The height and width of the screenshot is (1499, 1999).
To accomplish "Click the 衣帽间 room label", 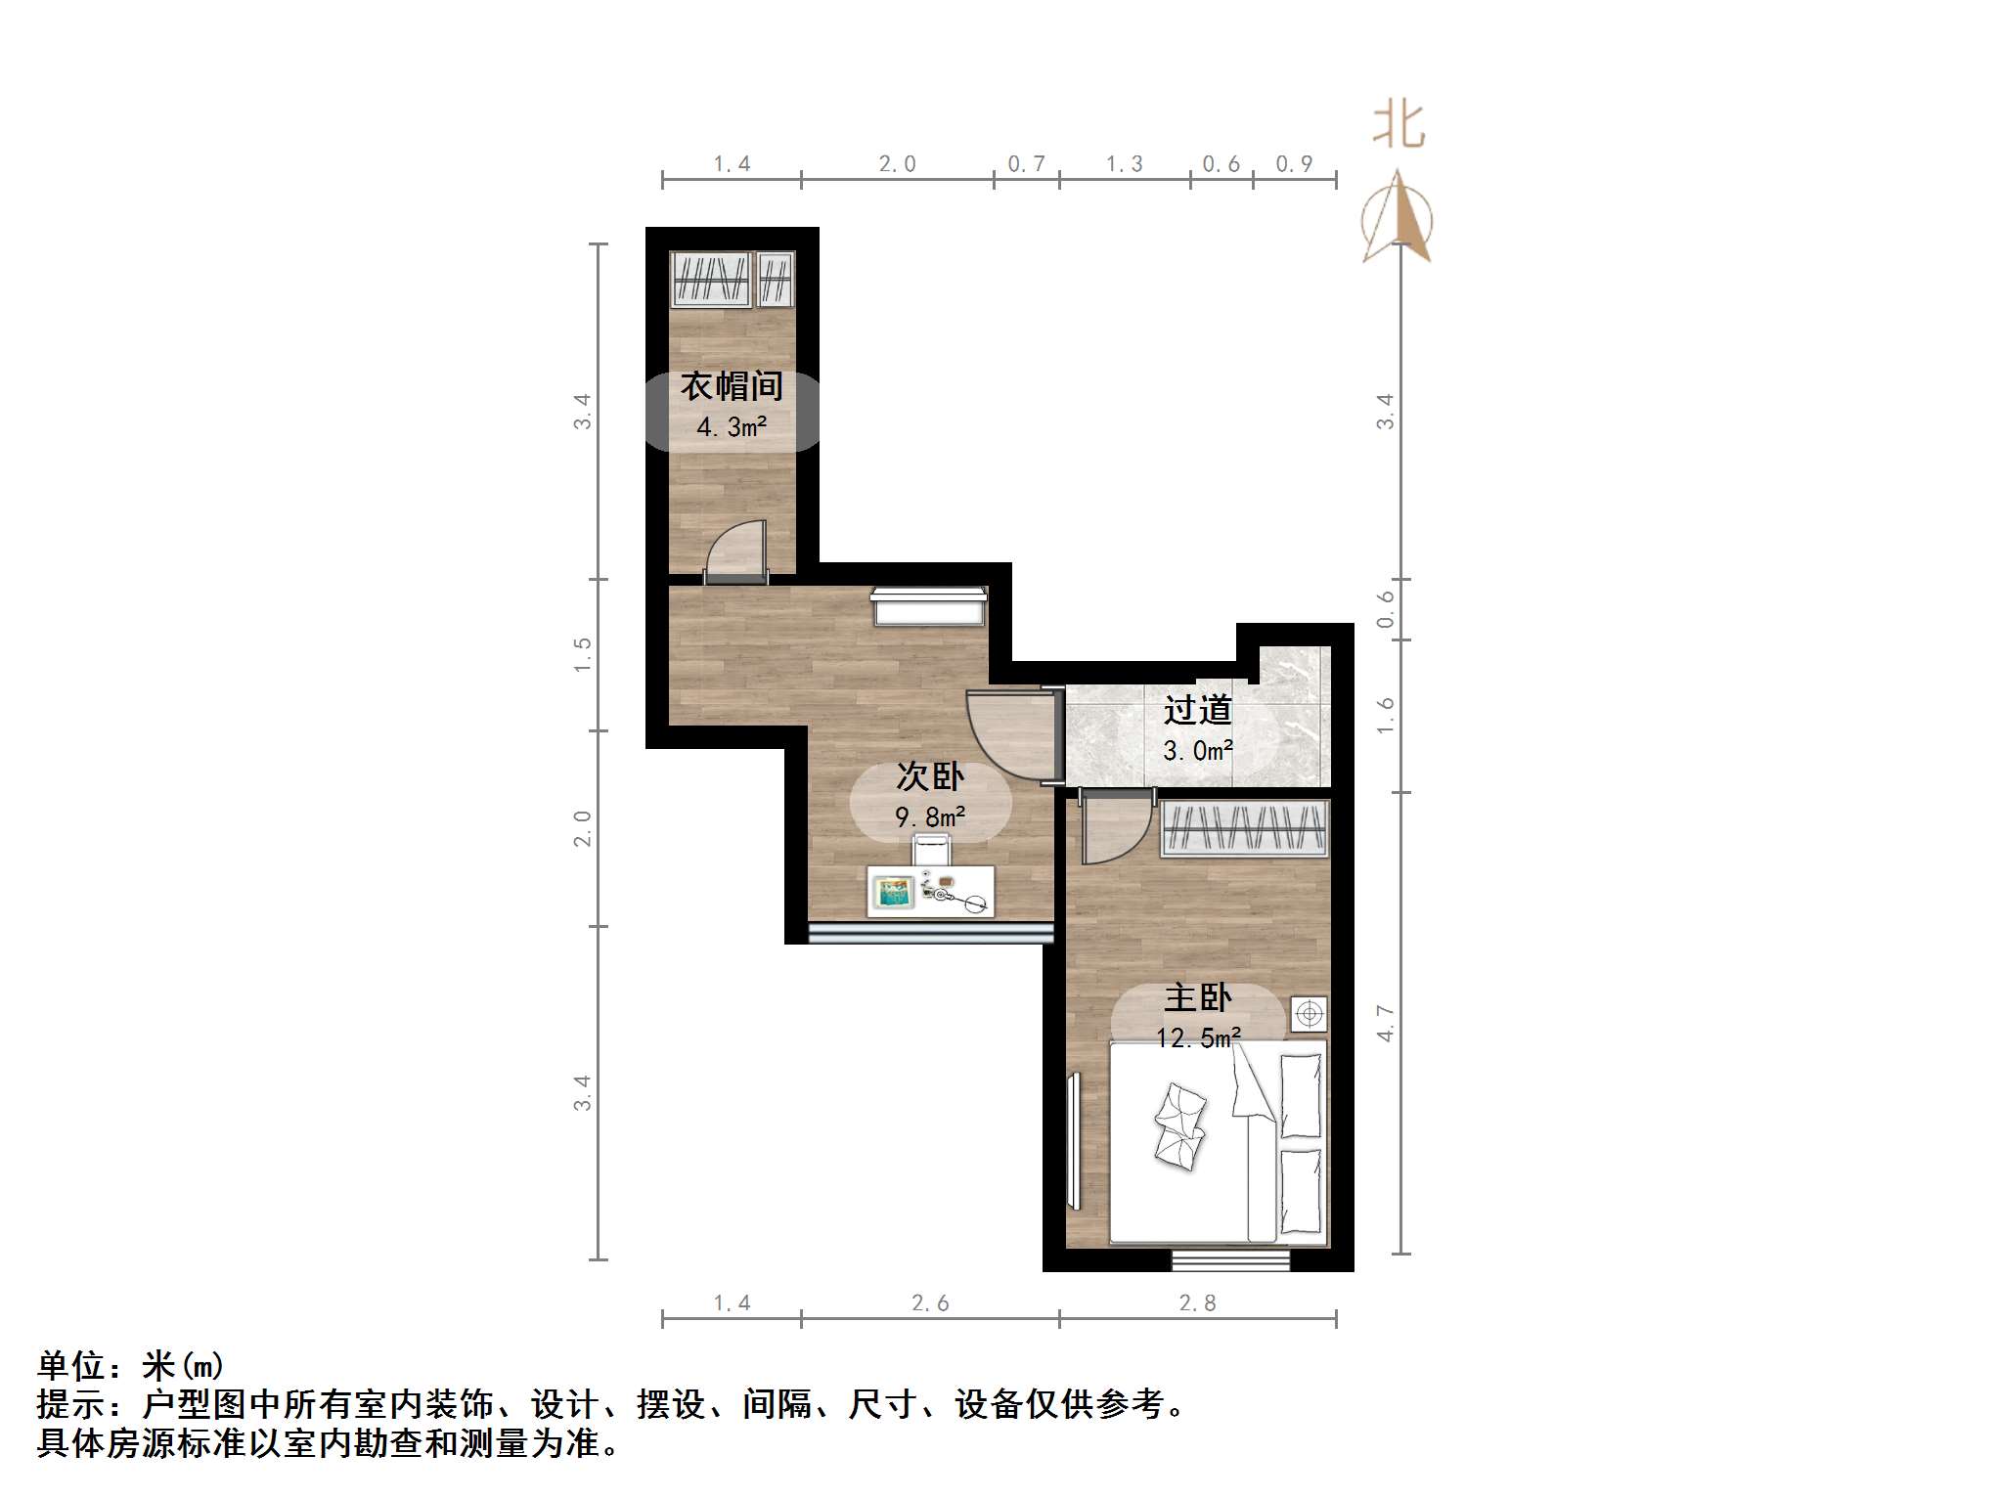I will [732, 386].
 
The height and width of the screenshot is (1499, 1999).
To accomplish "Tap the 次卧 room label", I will [930, 776].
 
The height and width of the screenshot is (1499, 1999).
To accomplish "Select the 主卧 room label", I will [1198, 998].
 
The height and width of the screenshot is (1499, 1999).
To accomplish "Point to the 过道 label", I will [1198, 710].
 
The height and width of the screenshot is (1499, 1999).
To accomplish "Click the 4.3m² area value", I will [732, 427].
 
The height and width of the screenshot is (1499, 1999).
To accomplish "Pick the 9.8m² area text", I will [930, 816].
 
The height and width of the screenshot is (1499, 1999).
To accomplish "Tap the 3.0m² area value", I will [1198, 751].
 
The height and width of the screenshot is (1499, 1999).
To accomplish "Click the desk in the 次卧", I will [930, 892].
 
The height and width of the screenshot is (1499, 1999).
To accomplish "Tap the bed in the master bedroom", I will [1218, 1142].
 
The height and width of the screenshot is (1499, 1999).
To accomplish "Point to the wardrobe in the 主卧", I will [1244, 828].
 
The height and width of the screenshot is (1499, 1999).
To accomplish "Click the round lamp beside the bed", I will [1310, 1014].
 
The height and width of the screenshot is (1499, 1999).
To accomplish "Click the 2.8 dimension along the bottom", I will [1197, 1302].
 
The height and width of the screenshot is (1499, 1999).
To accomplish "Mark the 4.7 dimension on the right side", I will [1385, 1023].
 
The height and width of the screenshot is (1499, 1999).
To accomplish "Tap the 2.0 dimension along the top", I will [897, 164].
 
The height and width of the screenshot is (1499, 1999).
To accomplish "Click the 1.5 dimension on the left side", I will [583, 654].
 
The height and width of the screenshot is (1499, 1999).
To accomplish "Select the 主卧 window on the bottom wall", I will [1230, 1261].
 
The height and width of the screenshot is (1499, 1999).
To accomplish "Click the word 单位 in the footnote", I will [71, 1365].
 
